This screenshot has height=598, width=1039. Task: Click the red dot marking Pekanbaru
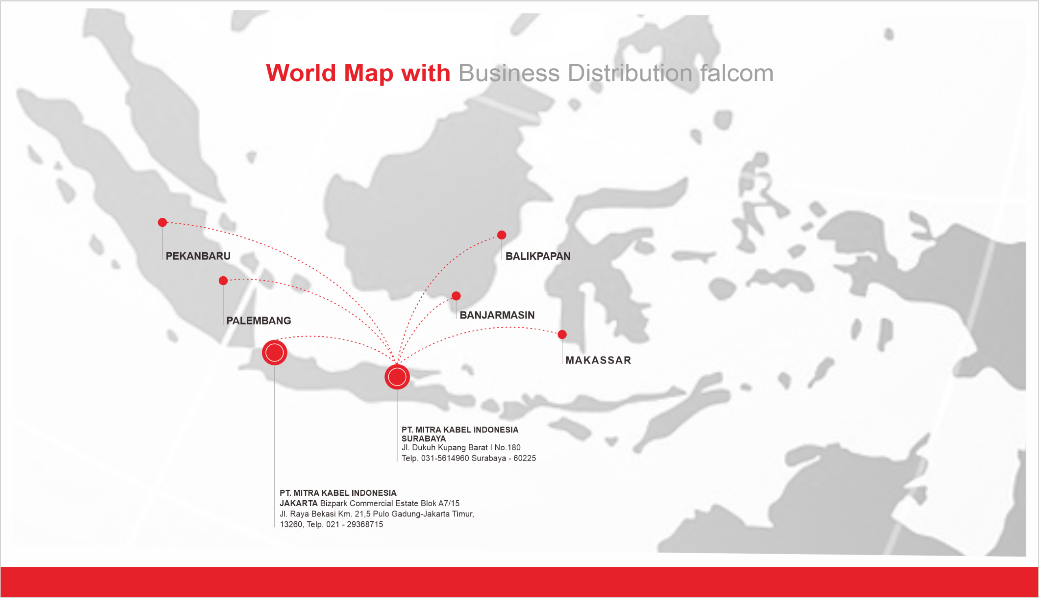(x=162, y=222)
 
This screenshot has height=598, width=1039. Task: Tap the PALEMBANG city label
(x=259, y=321)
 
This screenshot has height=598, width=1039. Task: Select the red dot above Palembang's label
(x=223, y=280)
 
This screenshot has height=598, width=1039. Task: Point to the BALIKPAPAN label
(x=537, y=256)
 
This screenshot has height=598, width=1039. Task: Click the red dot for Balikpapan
(x=501, y=235)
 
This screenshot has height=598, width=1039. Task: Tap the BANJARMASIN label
(x=497, y=315)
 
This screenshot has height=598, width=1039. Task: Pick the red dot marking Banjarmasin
(x=456, y=296)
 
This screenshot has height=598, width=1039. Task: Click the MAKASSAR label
(x=598, y=360)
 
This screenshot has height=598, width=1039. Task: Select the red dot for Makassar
(x=562, y=334)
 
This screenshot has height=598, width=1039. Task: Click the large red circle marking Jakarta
(x=274, y=353)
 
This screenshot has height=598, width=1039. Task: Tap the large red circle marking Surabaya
(x=397, y=376)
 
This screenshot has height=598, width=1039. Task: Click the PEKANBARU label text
(x=198, y=256)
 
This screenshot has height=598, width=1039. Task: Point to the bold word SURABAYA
(x=423, y=439)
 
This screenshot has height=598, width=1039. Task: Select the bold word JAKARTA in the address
(x=299, y=503)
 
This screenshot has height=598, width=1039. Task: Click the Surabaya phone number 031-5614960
(x=444, y=458)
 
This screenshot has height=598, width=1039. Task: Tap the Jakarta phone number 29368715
(x=364, y=525)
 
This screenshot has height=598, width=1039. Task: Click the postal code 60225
(x=524, y=458)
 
